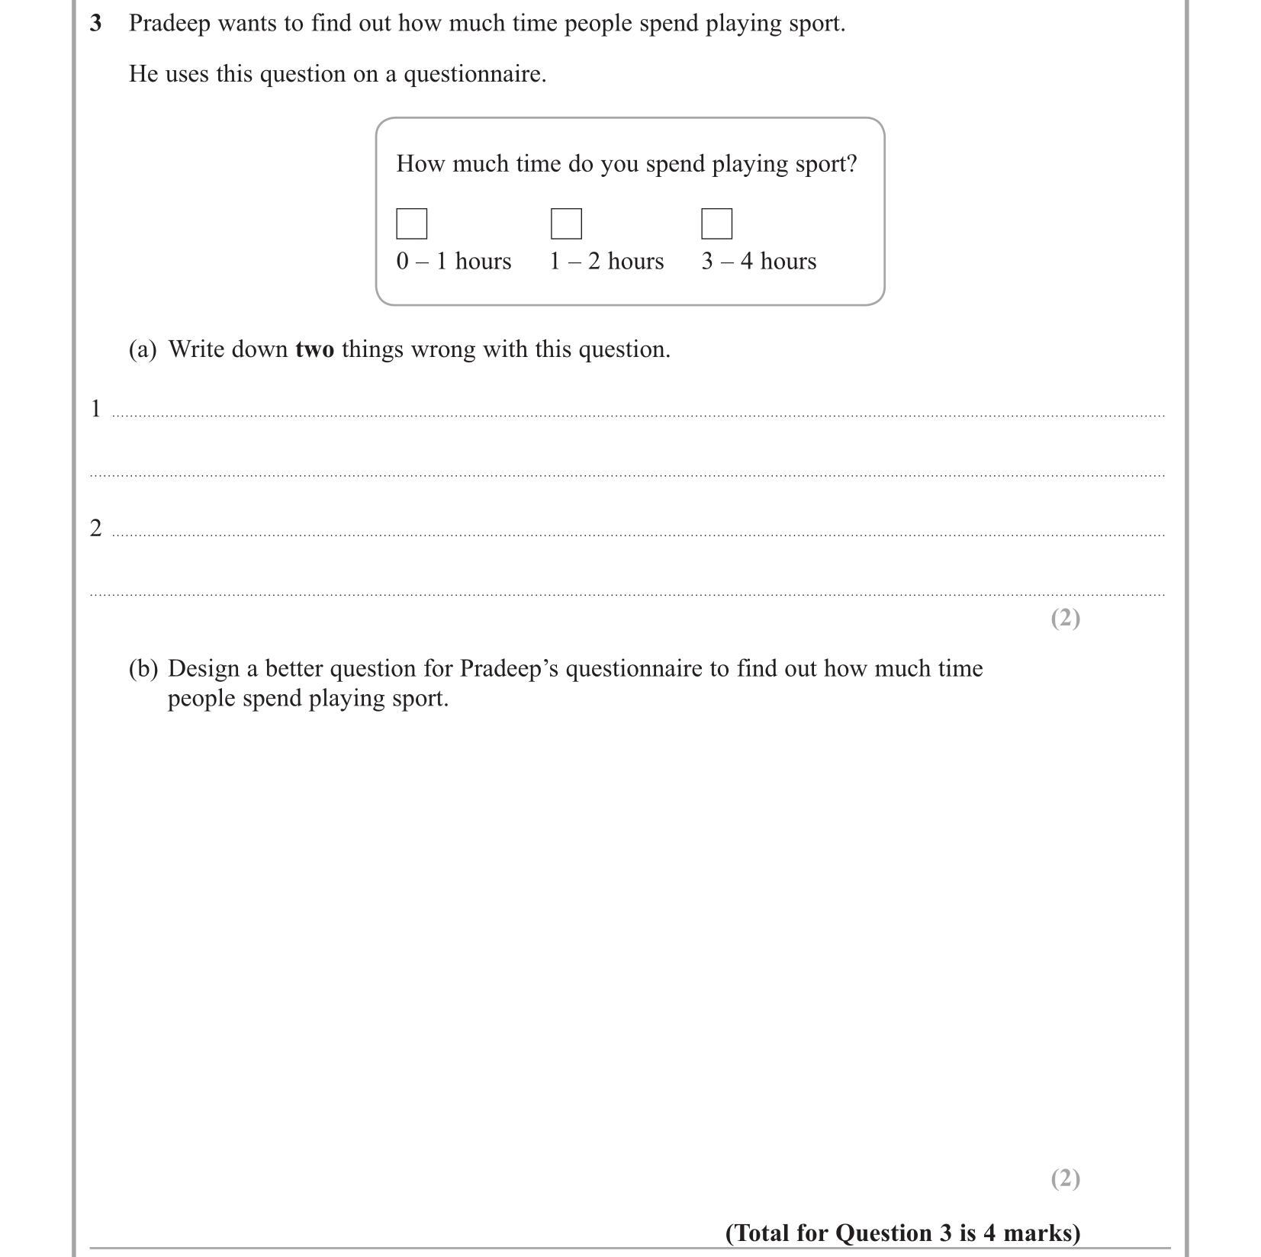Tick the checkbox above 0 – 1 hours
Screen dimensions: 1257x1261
412,223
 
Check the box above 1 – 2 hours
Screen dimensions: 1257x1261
566,223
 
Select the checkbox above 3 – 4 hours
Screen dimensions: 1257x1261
716,223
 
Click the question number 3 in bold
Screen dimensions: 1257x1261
96,24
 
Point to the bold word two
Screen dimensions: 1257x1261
314,349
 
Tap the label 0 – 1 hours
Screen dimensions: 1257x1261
454,261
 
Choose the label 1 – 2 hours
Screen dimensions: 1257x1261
606,261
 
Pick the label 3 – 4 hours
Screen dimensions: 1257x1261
759,261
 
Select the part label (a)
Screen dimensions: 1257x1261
143,349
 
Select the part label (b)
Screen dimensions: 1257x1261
143,669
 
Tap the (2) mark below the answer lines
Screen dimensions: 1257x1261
1065,618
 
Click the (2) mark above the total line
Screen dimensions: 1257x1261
1065,1178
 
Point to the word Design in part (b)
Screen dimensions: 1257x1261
202,669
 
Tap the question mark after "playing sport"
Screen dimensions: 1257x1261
852,164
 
